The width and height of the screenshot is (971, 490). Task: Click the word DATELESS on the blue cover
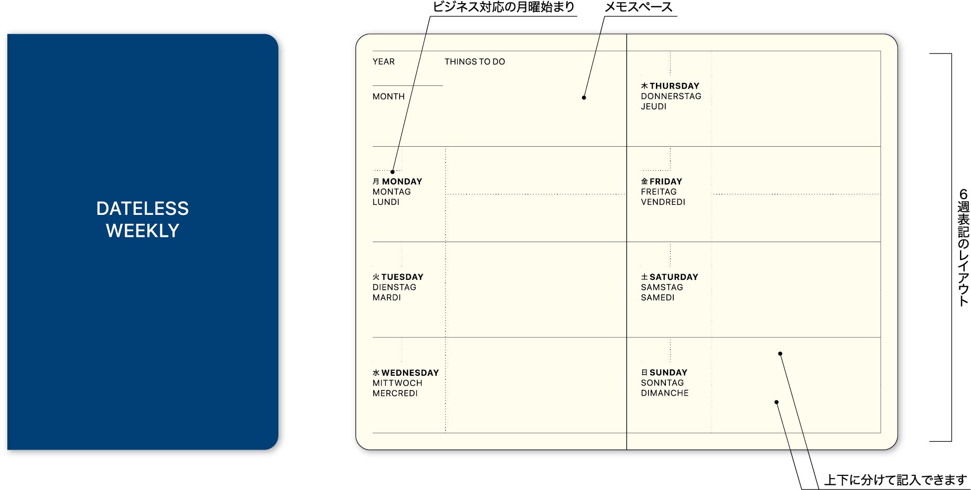pos(143,209)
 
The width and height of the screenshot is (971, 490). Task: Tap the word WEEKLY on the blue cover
pos(143,231)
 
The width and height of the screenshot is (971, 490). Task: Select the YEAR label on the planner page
pos(384,62)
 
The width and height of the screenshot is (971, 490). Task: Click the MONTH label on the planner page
pos(389,96)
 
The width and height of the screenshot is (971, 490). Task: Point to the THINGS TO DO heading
pos(475,62)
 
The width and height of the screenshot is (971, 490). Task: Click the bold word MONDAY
pos(402,181)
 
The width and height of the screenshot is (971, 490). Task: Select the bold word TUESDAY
pos(402,277)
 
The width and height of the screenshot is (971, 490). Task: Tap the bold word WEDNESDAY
pos(410,373)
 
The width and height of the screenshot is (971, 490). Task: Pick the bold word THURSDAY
pos(674,86)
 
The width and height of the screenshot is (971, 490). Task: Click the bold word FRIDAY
pos(666,181)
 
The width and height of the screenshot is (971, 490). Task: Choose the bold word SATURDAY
pos(674,277)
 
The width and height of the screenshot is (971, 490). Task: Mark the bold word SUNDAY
pos(668,373)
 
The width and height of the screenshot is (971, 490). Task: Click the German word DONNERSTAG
pos(671,96)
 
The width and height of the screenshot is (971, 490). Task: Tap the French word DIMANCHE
pos(665,393)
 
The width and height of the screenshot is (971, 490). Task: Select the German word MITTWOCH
pos(397,383)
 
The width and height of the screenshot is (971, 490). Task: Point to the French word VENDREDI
pos(663,202)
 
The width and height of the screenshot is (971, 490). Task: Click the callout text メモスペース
pos(639,7)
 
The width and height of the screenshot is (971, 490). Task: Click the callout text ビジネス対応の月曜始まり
pos(503,7)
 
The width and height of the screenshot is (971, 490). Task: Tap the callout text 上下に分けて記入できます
pos(896,480)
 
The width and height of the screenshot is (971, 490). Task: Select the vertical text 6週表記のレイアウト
pos(963,247)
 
